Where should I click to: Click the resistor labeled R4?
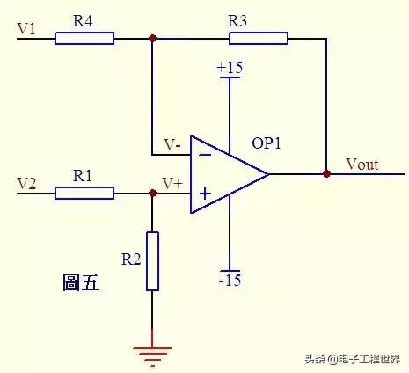click(x=84, y=38)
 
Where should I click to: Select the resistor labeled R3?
click(x=259, y=38)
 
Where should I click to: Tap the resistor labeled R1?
click(x=84, y=193)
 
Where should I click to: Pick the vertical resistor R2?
click(x=153, y=260)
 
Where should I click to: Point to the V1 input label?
click(x=27, y=29)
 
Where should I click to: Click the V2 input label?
click(x=27, y=183)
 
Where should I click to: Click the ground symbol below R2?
click(x=153, y=353)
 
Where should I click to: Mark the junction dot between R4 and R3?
click(x=153, y=38)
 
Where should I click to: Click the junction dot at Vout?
click(x=326, y=174)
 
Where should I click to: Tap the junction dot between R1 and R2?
click(x=153, y=193)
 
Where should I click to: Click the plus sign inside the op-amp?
click(x=204, y=193)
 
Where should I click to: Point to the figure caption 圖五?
click(x=81, y=283)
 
